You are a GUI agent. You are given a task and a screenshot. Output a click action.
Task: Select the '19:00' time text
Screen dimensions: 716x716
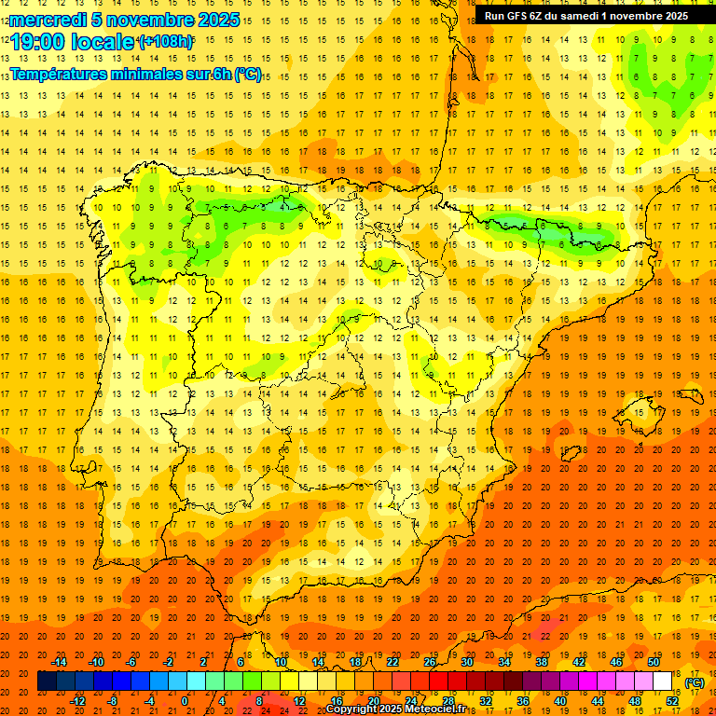point(39,41)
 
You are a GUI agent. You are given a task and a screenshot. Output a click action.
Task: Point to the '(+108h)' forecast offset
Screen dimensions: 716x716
point(166,42)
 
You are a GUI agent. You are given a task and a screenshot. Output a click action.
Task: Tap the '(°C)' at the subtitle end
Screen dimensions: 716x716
point(248,74)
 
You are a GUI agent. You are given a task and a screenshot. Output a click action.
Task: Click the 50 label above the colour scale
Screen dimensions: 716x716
point(653,662)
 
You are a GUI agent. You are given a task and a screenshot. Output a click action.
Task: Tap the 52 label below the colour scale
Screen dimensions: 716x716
point(671,701)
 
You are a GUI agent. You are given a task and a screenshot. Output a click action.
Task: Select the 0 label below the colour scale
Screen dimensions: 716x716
point(186,701)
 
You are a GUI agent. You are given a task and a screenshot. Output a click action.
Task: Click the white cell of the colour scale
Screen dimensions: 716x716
point(662,682)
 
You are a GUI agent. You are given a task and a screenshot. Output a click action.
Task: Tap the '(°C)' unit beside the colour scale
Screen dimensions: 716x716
point(695,682)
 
